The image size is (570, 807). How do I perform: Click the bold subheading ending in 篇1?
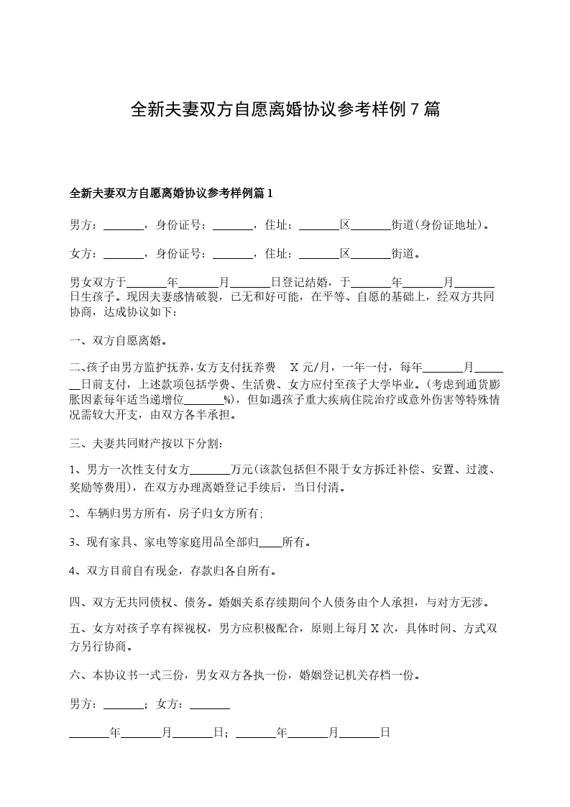click(x=171, y=193)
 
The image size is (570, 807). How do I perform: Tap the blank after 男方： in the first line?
click(x=124, y=225)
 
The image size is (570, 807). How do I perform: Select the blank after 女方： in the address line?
click(x=124, y=254)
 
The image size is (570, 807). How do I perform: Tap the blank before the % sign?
click(x=204, y=399)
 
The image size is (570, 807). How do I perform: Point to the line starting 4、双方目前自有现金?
click(x=173, y=571)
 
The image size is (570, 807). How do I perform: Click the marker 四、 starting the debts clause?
click(x=78, y=601)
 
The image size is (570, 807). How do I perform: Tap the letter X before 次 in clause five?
click(x=374, y=628)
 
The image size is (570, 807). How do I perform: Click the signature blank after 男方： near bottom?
click(x=124, y=705)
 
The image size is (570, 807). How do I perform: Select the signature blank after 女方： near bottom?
click(x=209, y=705)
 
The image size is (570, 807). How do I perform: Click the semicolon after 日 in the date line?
click(x=226, y=734)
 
